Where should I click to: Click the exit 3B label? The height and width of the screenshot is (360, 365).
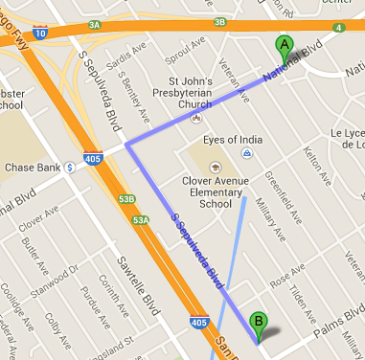point(220,21)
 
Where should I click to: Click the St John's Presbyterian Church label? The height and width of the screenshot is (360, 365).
point(195,93)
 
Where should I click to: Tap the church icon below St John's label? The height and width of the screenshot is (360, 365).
point(195,119)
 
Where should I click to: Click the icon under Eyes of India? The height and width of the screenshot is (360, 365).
point(246,153)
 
